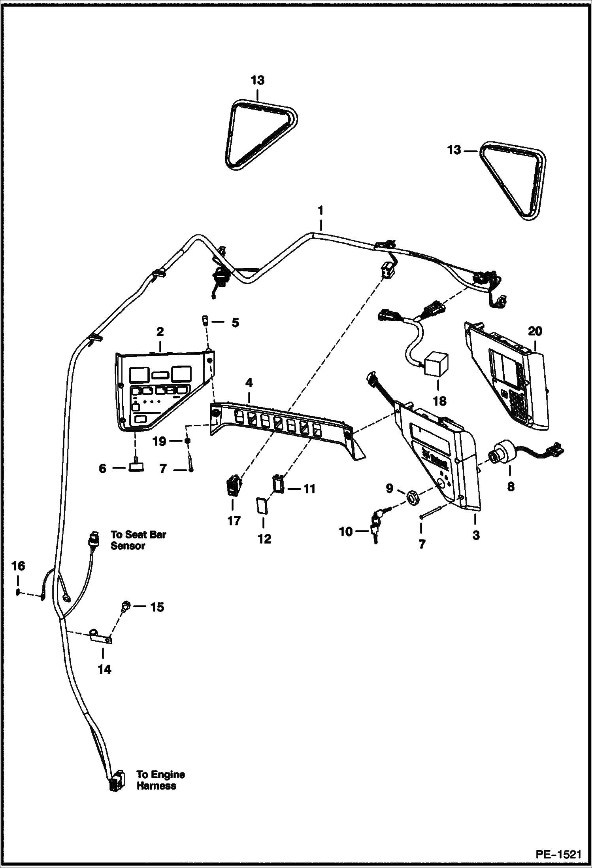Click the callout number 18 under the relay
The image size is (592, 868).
439,401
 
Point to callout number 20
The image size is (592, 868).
535,331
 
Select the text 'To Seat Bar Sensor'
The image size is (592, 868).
138,540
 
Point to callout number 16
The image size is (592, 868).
18,567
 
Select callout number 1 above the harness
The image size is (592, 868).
321,210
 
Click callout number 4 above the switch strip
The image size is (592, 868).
249,383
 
